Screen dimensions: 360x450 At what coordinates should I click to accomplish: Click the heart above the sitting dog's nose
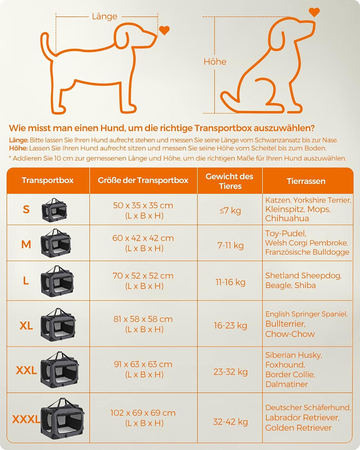[314, 12]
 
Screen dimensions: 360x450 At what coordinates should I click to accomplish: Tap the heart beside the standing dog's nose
[164, 30]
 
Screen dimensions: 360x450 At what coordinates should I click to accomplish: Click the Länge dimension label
[105, 16]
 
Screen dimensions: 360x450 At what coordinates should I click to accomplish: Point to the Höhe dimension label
[215, 62]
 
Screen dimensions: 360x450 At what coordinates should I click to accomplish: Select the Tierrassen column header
[306, 181]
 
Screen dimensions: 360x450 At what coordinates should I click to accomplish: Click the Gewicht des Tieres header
[229, 181]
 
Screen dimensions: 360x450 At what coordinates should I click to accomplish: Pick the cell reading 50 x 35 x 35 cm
[143, 205]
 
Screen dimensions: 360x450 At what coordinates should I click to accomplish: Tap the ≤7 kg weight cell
[230, 210]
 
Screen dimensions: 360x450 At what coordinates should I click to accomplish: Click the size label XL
[26, 325]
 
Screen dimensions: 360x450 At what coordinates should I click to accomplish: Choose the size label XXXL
[26, 419]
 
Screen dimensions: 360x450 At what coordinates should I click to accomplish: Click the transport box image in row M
[55, 243]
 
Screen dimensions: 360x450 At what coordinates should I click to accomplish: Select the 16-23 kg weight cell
[230, 325]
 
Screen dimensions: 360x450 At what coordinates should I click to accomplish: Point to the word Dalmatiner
[286, 384]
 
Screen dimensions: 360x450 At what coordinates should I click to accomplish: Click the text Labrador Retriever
[302, 418]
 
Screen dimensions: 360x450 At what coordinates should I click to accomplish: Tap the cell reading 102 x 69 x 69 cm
[143, 413]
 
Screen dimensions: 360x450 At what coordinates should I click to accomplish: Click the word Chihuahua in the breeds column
[287, 218]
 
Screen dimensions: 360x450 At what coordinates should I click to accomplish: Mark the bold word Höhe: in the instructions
[18, 148]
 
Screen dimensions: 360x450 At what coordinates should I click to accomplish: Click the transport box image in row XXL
[60, 370]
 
